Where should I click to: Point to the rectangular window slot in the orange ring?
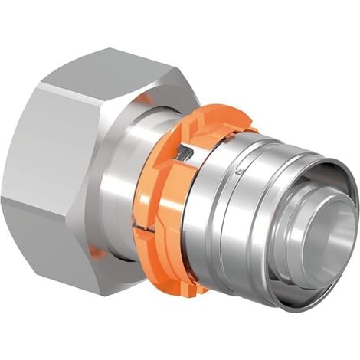point(182,158)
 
